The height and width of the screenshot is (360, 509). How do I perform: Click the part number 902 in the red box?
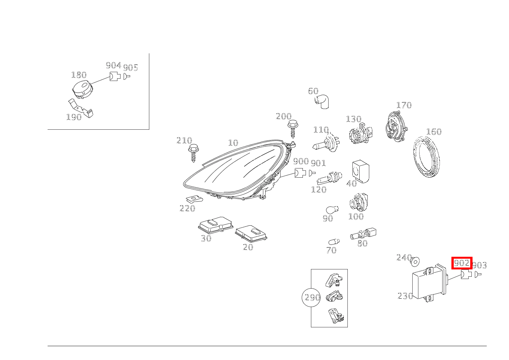[x=461, y=263]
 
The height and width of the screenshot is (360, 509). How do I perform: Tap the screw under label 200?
[x=293, y=129]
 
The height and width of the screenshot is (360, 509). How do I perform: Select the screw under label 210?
[x=193, y=153]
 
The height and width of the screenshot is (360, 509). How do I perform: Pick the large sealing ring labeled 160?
[x=426, y=157]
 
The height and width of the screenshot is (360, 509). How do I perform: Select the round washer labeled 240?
[x=415, y=262]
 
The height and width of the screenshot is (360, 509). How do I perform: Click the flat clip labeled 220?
[x=195, y=200]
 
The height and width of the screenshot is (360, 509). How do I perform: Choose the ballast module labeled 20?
[x=251, y=233]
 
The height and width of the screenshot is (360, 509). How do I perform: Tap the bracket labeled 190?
[x=81, y=108]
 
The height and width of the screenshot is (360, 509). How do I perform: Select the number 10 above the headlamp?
[x=233, y=143]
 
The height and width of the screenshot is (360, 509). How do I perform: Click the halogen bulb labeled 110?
[x=326, y=142]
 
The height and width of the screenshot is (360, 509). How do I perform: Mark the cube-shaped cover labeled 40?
[x=360, y=171]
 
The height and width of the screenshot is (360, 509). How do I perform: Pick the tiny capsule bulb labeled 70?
[x=334, y=242]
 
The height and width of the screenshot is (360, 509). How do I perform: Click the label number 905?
[x=131, y=68]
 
